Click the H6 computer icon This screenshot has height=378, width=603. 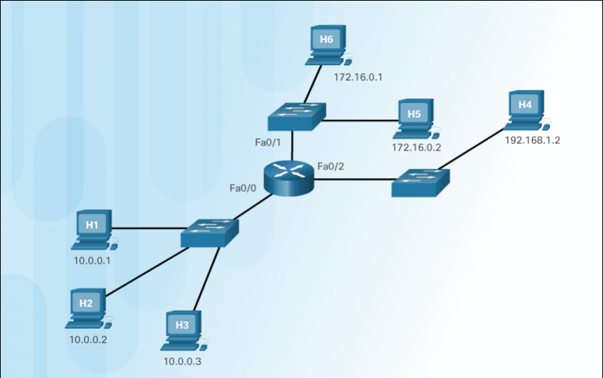(328, 43)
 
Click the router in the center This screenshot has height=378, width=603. (290, 175)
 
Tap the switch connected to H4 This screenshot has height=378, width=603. (421, 182)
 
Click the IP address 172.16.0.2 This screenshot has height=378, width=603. (416, 147)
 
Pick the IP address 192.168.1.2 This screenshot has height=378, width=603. (532, 140)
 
